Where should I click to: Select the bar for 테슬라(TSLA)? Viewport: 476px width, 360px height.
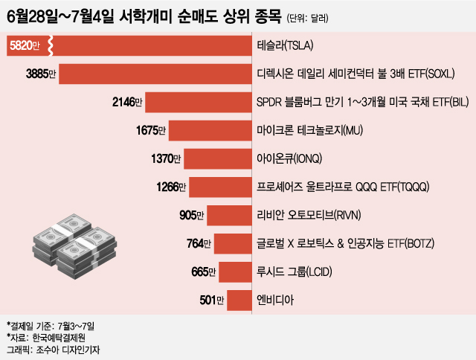click(149, 46)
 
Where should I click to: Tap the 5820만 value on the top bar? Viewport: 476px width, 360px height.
click(26, 46)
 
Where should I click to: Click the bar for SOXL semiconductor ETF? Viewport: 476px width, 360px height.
click(156, 74)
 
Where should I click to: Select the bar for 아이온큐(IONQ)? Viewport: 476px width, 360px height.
click(216, 159)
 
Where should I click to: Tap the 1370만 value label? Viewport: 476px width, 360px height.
click(166, 159)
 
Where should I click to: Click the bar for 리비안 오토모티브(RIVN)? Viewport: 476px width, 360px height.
click(227, 216)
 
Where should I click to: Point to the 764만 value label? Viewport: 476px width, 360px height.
click(199, 244)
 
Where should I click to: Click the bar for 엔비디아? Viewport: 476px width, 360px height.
click(237, 300)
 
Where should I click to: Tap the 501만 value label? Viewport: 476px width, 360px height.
click(211, 300)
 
